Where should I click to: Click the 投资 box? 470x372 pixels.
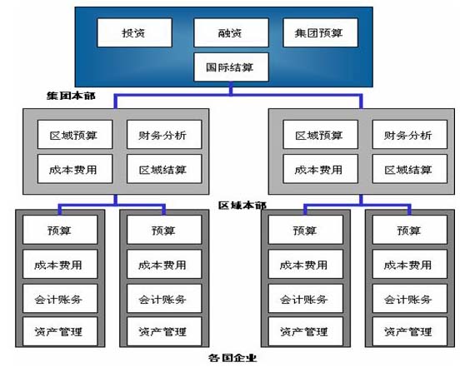pyautogui.click(x=135, y=32)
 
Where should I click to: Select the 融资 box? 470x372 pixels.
pyautogui.click(x=231, y=32)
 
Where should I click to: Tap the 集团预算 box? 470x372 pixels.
pyautogui.click(x=321, y=32)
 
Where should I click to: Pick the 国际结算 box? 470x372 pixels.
pyautogui.click(x=231, y=67)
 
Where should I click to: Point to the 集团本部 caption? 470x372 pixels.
pyautogui.click(x=71, y=96)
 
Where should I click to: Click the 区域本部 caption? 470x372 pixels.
pyautogui.click(x=242, y=206)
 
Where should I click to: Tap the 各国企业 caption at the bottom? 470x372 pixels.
pyautogui.click(x=232, y=358)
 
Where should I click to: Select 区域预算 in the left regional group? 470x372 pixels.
pyautogui.click(x=75, y=134)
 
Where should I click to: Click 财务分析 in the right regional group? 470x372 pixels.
pyautogui.click(x=410, y=134)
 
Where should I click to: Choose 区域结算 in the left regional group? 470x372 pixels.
pyautogui.click(x=164, y=169)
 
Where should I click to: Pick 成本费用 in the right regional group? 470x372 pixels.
pyautogui.click(x=321, y=169)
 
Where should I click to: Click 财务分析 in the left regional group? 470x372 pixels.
pyautogui.click(x=164, y=134)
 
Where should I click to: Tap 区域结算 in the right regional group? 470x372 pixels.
pyautogui.click(x=410, y=169)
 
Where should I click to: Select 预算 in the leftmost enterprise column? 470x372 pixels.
pyautogui.click(x=60, y=230)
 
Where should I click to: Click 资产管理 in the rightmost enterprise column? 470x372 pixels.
pyautogui.click(x=410, y=331)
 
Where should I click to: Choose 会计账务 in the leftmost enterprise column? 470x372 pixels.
pyautogui.click(x=60, y=299)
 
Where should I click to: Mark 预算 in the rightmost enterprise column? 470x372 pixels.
pyautogui.click(x=410, y=230)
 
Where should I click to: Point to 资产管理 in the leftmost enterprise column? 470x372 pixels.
pyautogui.click(x=60, y=331)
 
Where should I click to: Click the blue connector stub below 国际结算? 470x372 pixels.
pyautogui.click(x=231, y=88)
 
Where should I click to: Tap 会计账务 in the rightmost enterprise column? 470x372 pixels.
pyautogui.click(x=410, y=299)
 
